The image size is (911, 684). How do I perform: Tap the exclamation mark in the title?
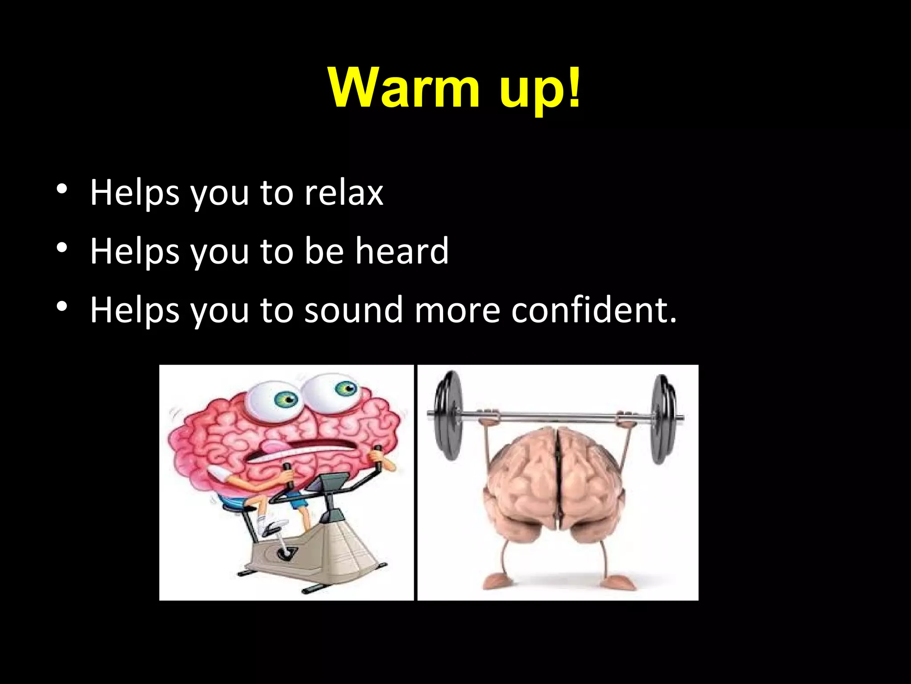[x=574, y=87]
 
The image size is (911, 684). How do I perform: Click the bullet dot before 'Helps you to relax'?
[x=62, y=189]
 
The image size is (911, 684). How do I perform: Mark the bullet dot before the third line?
[x=62, y=306]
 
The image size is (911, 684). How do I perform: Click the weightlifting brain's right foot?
[x=616, y=581]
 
